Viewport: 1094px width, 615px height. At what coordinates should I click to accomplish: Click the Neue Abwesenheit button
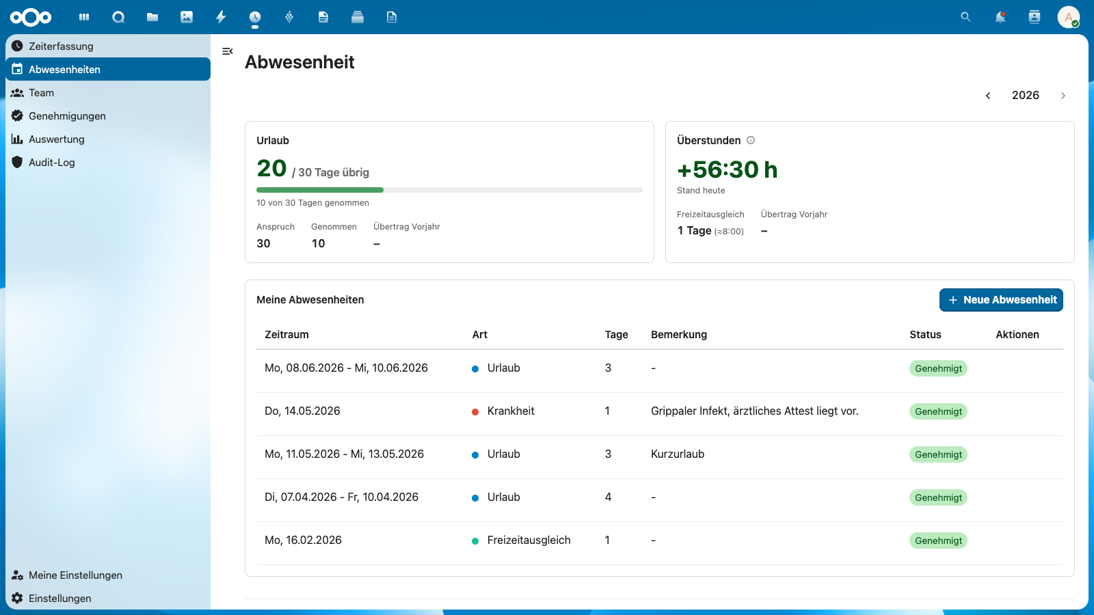tap(1001, 300)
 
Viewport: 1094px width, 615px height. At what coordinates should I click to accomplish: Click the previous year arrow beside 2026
tap(987, 96)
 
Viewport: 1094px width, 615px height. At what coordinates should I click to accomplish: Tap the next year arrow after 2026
tap(1063, 96)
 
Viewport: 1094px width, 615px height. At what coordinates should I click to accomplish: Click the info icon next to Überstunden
tap(751, 140)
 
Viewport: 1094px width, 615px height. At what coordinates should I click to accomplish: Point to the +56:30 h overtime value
tap(727, 169)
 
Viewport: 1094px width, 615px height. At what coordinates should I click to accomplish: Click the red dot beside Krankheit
tap(475, 412)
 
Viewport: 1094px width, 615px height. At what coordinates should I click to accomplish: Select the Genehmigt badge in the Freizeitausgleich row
tap(938, 541)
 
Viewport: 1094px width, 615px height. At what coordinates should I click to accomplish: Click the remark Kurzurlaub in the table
tap(678, 454)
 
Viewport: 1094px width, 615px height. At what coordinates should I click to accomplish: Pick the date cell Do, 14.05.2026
tap(302, 411)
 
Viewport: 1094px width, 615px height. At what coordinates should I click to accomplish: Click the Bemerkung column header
tap(679, 334)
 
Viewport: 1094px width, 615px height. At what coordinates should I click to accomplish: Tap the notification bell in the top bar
tap(1000, 17)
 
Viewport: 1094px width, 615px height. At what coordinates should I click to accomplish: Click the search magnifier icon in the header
tap(965, 17)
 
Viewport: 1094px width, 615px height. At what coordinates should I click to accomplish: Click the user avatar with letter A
tap(1068, 17)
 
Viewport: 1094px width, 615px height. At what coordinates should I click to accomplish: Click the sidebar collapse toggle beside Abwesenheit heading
tap(227, 51)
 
